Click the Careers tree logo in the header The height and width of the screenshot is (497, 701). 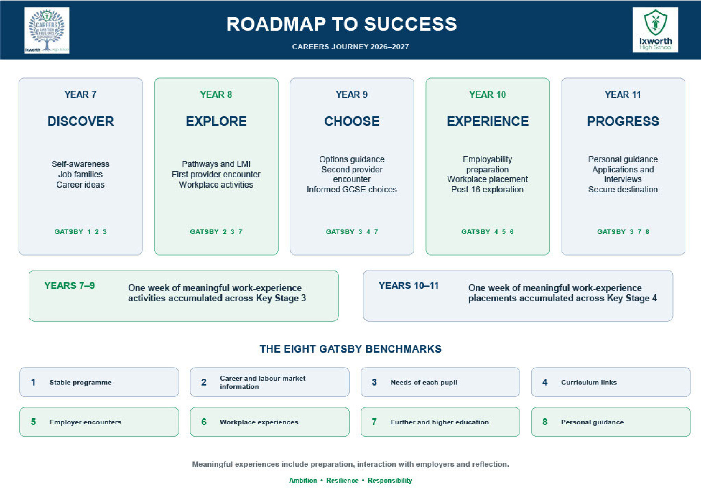pos(47,30)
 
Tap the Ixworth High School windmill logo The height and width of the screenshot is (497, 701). pos(655,30)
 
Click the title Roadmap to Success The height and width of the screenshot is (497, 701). pos(342,24)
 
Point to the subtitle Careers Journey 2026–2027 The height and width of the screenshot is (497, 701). pos(350,47)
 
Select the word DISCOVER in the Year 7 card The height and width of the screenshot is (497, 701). pos(81,121)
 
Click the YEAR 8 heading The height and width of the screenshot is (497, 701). pos(216,95)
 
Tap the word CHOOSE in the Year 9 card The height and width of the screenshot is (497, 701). pos(352,121)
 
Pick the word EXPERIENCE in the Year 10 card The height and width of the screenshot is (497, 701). pos(487,121)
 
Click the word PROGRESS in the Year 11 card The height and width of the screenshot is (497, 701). pos(623,121)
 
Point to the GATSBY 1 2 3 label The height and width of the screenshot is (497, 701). pos(81,232)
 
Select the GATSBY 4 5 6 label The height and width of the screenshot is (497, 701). pos(487,232)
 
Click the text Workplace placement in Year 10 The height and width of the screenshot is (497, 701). pos(487,179)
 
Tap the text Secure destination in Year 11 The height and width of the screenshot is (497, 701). pos(623,189)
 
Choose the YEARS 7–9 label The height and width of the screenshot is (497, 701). pos(69,286)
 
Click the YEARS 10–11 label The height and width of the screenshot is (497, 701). pos(408,286)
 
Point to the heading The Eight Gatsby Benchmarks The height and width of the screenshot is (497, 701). pos(350,349)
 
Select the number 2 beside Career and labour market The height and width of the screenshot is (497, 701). pos(204,382)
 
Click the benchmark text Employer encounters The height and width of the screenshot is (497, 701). pos(85,422)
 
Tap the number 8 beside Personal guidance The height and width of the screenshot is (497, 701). pos(545,422)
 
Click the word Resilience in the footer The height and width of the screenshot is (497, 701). pos(342,480)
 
